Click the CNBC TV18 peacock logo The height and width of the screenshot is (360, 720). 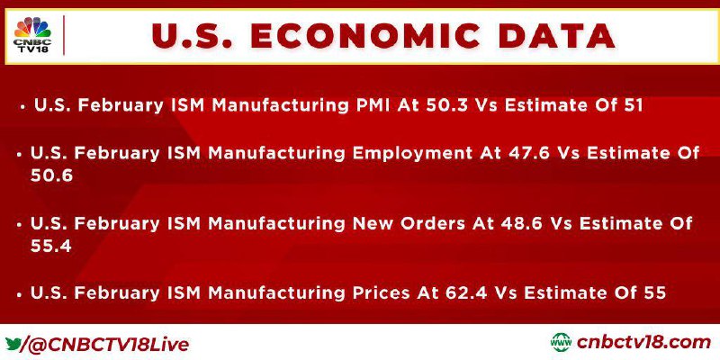pos(32,35)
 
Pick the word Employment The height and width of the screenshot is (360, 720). pos(411,153)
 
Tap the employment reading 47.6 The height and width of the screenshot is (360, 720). pos(529,153)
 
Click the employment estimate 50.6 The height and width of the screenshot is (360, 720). pos(52,176)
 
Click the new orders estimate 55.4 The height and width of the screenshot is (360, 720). pos(51,247)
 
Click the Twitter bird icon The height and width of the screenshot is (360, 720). pos(13,344)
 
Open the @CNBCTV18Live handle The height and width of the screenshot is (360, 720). pos(106,345)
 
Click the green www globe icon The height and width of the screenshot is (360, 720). pos(561,343)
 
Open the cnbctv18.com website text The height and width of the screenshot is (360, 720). pos(643,343)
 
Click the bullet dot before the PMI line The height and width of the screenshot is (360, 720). pos(22,106)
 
